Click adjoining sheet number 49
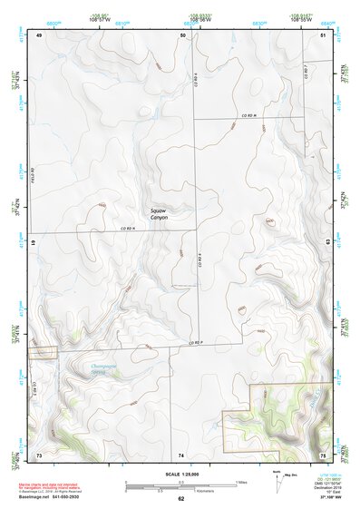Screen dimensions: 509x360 [x=39, y=34]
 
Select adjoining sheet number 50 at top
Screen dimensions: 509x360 [x=182, y=34]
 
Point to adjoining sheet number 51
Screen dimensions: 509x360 [x=324, y=34]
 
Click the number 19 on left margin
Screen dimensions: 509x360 [x=34, y=243]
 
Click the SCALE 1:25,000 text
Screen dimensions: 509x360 [x=180, y=474]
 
